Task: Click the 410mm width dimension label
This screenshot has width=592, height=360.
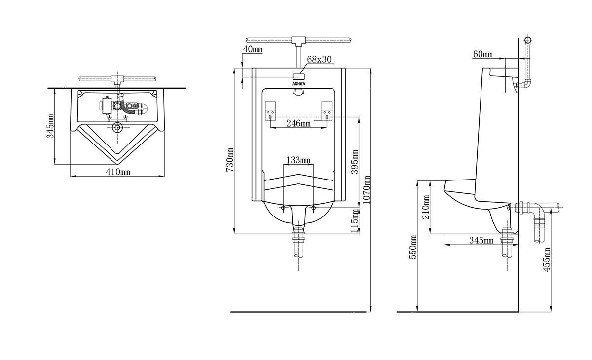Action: (x=118, y=172)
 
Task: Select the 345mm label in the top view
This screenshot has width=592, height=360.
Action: (x=50, y=126)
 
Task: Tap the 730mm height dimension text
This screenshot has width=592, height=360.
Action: (x=230, y=159)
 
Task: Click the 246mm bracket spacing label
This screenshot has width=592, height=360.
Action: (x=298, y=123)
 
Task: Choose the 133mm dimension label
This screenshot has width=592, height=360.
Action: (x=298, y=160)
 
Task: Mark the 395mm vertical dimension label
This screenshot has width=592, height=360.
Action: (x=355, y=162)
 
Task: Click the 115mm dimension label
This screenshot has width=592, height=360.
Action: (x=355, y=221)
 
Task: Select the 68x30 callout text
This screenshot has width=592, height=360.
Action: (x=319, y=59)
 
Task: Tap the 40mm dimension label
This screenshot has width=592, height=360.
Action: (x=253, y=49)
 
